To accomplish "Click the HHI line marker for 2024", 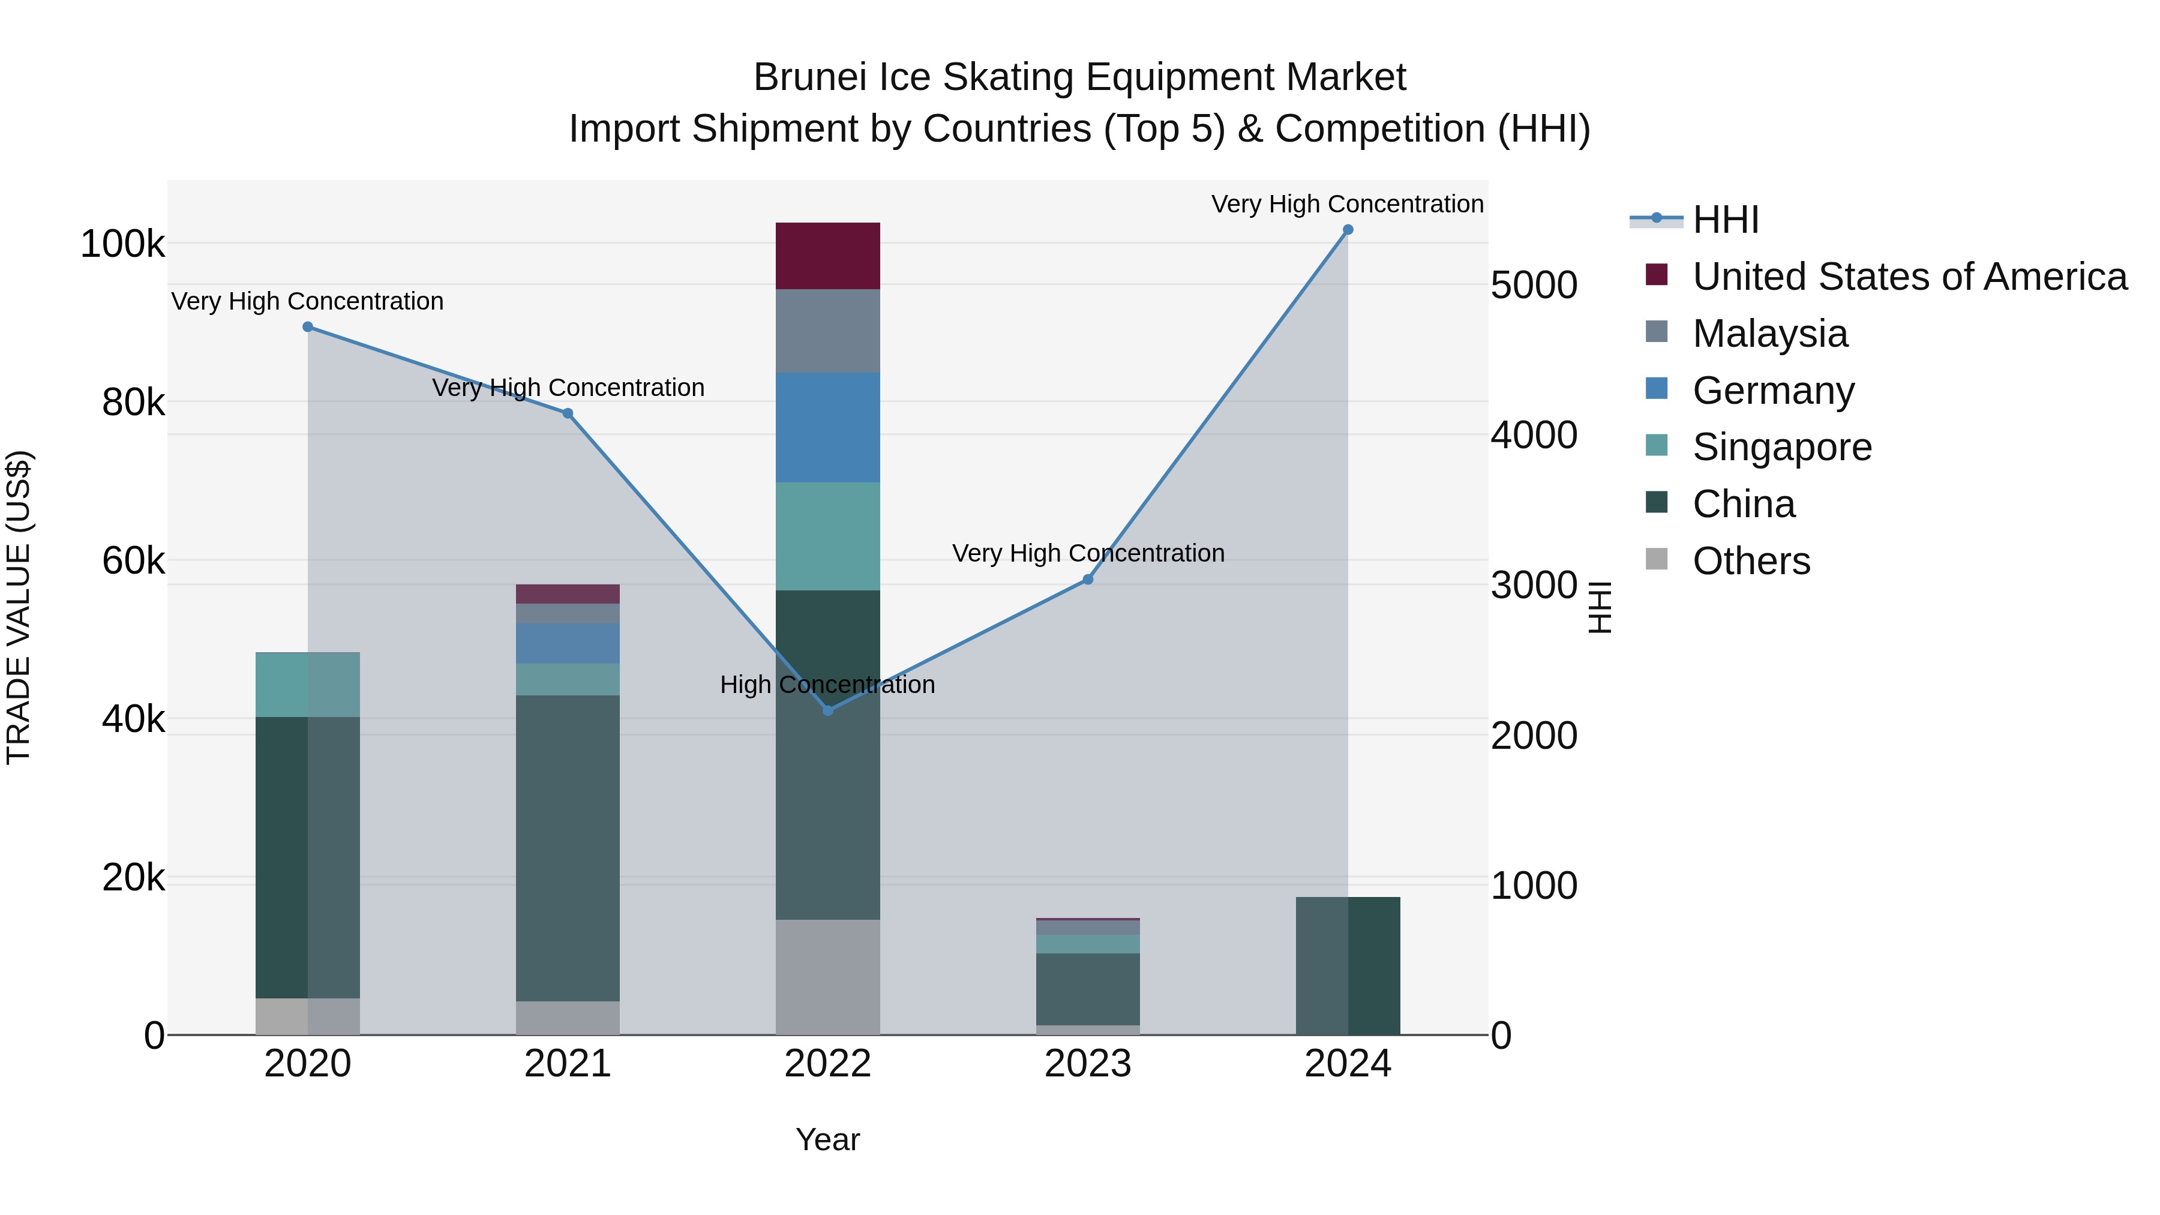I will tap(1348, 230).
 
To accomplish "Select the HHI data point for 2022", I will tap(827, 710).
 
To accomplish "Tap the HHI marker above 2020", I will tap(308, 327).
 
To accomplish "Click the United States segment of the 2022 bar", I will tap(827, 256).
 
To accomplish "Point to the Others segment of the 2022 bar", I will tap(827, 977).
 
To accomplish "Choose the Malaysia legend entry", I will tap(1769, 334).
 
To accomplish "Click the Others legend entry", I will tap(1751, 561).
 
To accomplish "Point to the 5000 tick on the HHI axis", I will tap(1534, 285).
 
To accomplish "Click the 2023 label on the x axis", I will tap(1088, 1064).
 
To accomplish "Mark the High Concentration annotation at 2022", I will tap(827, 685).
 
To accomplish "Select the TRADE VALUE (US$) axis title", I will tap(19, 607).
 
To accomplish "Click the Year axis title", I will tap(827, 1139).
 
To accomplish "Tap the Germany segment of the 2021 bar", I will tap(568, 643).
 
